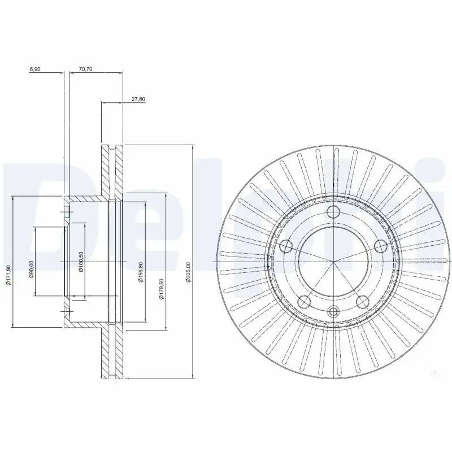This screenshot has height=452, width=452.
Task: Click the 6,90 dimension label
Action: click(35, 69)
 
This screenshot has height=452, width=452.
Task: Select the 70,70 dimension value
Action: click(85, 69)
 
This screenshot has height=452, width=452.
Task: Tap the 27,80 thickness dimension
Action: click(138, 99)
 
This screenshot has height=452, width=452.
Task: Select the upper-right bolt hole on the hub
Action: click(380, 245)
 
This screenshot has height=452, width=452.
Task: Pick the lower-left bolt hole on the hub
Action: click(305, 301)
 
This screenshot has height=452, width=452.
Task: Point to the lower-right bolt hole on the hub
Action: click(362, 301)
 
